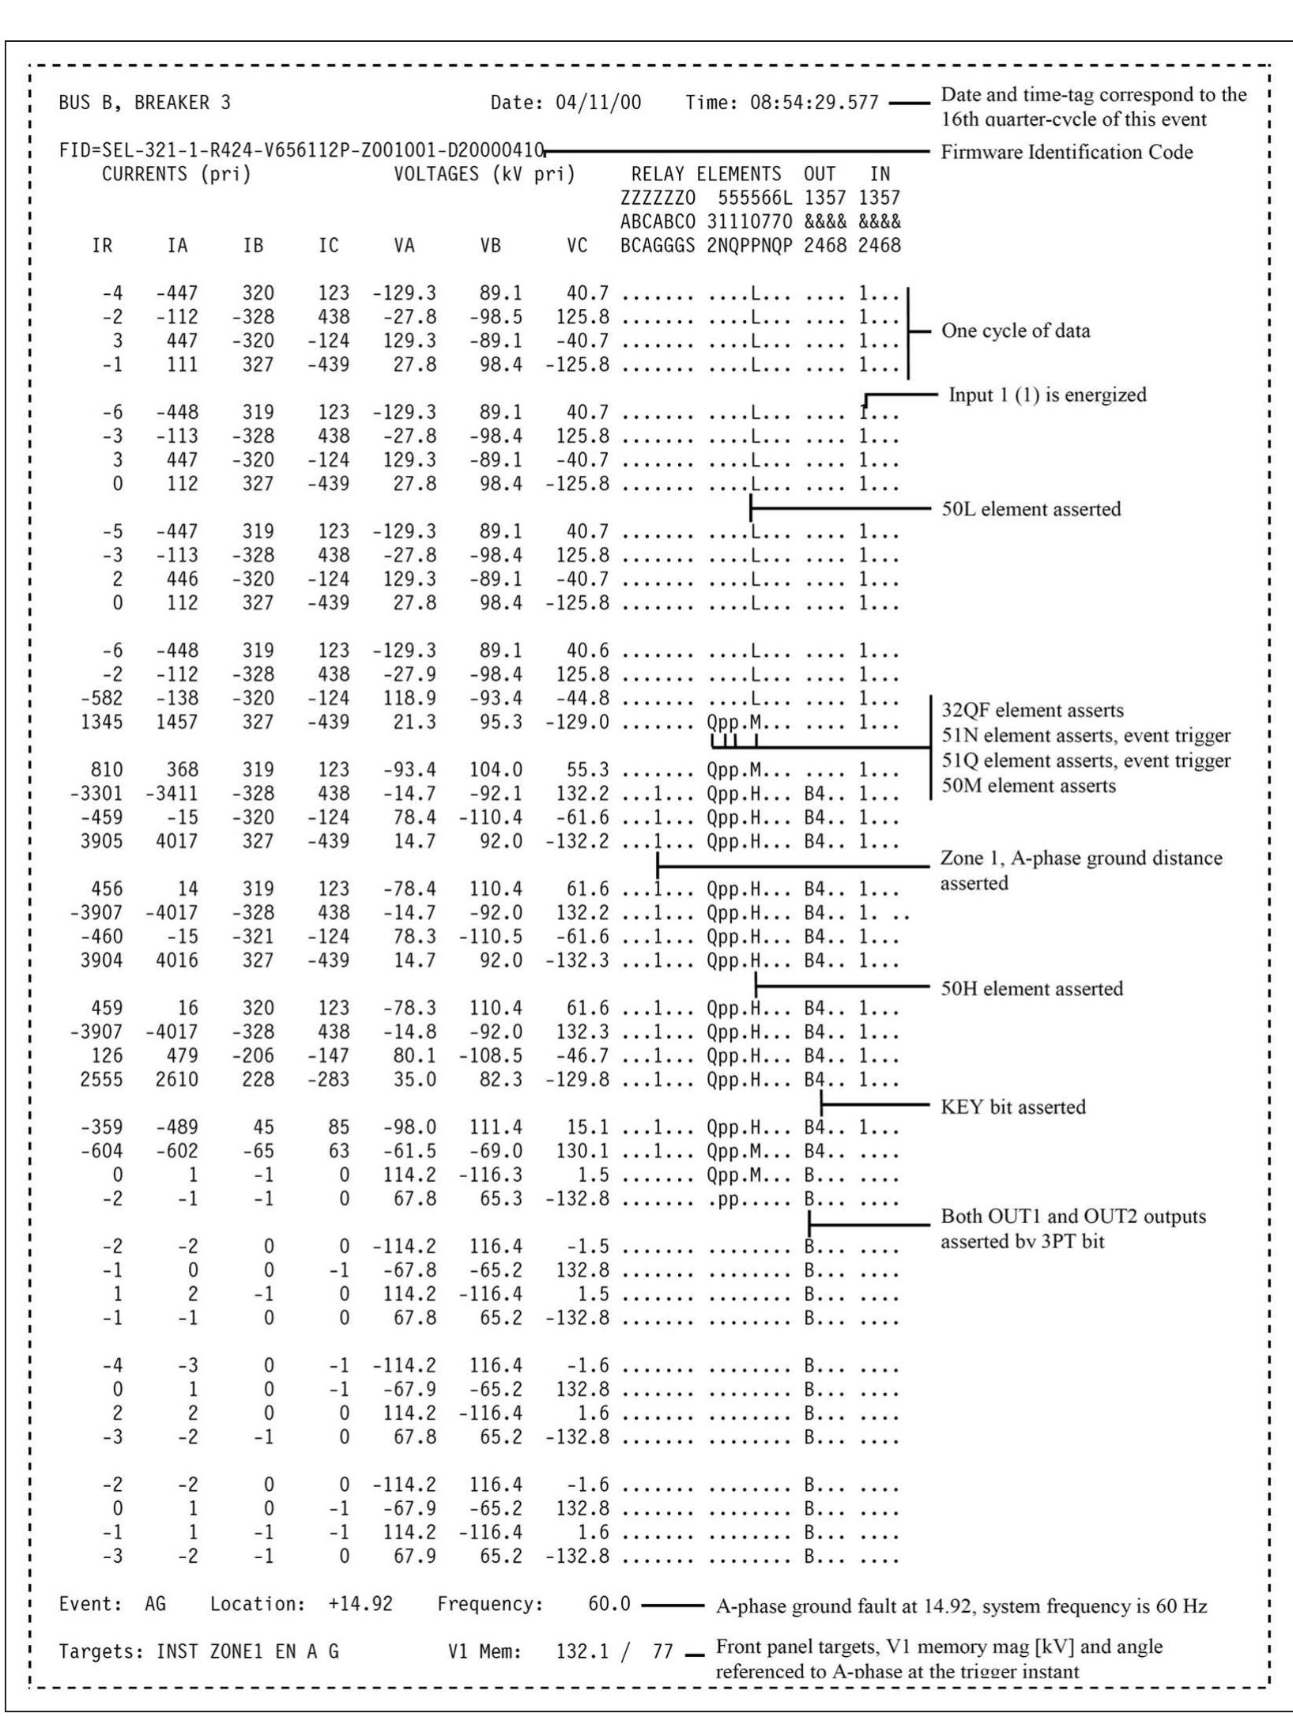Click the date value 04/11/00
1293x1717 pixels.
tap(598, 103)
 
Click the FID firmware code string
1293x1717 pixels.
tap(302, 150)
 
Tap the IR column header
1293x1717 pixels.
tap(102, 246)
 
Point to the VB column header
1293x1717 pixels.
tap(490, 246)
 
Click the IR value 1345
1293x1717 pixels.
tap(102, 722)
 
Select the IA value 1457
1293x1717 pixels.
tap(176, 722)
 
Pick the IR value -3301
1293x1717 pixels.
tap(96, 793)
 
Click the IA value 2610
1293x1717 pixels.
tap(176, 1079)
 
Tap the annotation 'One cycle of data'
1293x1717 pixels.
tap(1015, 331)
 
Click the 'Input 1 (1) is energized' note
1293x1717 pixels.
tap(1046, 395)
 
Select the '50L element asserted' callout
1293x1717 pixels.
tap(1030, 509)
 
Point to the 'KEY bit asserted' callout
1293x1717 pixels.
tap(1012, 1107)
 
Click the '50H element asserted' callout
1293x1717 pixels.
tap(1031, 989)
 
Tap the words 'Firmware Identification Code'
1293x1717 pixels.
tap(1066, 152)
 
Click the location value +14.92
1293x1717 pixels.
tap(360, 1605)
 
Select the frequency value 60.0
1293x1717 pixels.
tap(609, 1605)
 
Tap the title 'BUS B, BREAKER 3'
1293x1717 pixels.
tap(145, 103)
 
